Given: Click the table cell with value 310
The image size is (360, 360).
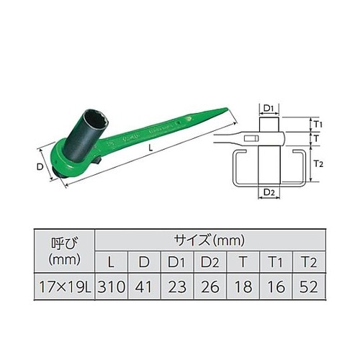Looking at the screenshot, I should pos(111,287).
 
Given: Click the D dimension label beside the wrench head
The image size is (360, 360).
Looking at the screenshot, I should pos(39,167).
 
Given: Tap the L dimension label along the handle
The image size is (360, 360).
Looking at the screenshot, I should pos(149,145).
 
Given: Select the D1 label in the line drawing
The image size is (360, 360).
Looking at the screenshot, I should pos(267,108).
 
